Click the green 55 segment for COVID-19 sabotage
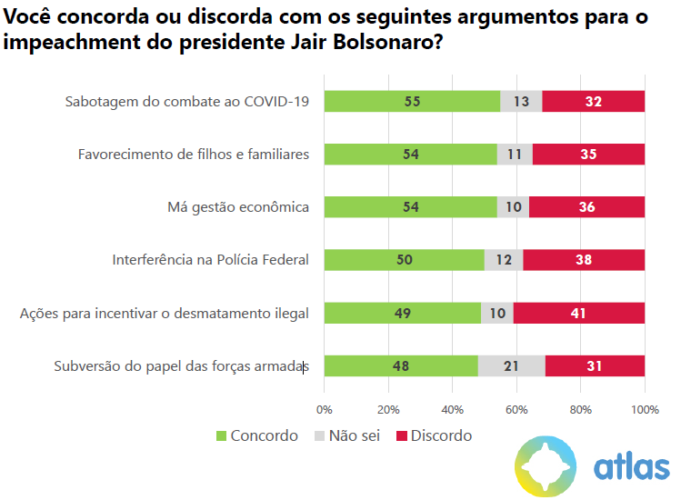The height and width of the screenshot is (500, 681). tap(412, 101)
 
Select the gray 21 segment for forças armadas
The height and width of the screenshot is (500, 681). tap(512, 366)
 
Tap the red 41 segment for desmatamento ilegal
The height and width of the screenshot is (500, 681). tap(579, 314)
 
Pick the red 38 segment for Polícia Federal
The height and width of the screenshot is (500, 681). tap(584, 260)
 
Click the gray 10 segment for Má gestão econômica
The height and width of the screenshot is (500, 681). tap(514, 207)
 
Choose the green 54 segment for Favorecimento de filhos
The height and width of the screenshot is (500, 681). tap(410, 155)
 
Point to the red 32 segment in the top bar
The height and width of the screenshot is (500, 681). tap(594, 101)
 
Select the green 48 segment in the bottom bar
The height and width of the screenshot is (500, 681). tap(401, 366)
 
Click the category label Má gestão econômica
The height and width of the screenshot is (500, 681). tap(238, 207)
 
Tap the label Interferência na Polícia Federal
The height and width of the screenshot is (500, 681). tap(210, 260)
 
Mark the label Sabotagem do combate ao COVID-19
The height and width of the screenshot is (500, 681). tap(187, 101)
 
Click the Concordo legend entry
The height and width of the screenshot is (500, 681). tap(256, 435)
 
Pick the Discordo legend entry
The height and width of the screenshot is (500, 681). tap(434, 435)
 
